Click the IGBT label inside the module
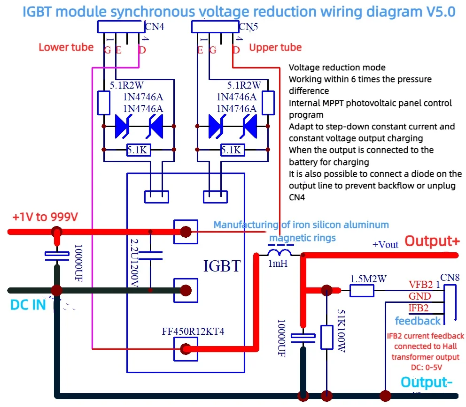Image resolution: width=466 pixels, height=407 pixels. pyautogui.click(x=221, y=266)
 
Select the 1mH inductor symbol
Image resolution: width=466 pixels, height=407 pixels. pyautogui.click(x=279, y=254)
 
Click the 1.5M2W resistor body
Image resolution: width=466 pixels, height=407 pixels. pyautogui.click(x=362, y=291)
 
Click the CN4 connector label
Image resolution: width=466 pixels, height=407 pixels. pyautogui.click(x=154, y=27)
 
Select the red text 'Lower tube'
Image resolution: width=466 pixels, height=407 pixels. pyautogui.click(x=66, y=47)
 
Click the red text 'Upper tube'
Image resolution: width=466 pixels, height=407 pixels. pyautogui.click(x=275, y=47)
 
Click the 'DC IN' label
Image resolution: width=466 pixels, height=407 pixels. pyautogui.click(x=28, y=305)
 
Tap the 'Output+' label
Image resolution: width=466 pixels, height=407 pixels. pyautogui.click(x=432, y=241)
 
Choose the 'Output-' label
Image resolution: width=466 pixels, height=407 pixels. pyautogui.click(x=427, y=382)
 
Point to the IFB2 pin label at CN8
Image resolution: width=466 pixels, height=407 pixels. pyautogui.click(x=418, y=308)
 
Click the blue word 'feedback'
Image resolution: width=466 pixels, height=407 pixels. pyautogui.click(x=418, y=321)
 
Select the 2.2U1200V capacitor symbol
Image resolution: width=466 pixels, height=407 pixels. pyautogui.click(x=151, y=256)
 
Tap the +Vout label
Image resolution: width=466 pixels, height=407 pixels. pyautogui.click(x=385, y=244)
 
